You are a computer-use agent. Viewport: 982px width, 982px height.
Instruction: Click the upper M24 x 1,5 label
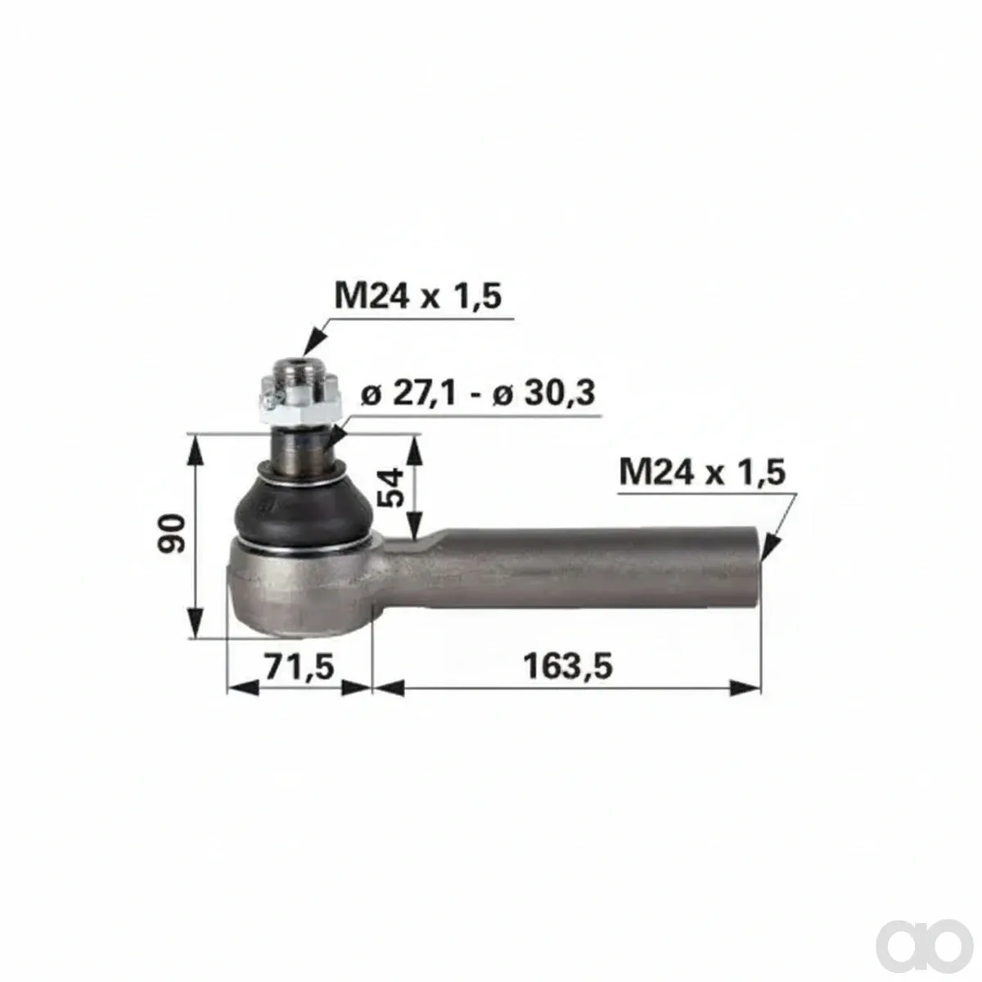[x=418, y=296]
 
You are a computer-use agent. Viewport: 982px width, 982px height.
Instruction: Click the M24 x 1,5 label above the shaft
[x=702, y=472]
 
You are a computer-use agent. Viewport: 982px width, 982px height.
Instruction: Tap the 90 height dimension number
[x=171, y=534]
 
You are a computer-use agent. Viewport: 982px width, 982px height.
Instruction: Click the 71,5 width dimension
[x=300, y=667]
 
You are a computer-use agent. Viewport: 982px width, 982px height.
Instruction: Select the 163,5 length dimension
[x=568, y=667]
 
